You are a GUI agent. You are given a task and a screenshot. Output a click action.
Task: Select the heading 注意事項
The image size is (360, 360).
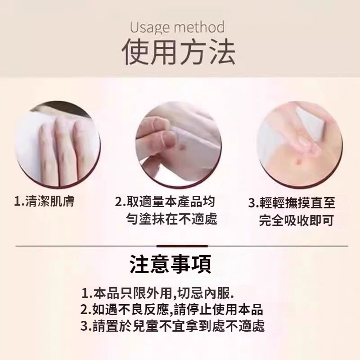[x=171, y=264]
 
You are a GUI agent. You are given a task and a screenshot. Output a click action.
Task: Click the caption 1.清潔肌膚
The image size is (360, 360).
[x=44, y=201]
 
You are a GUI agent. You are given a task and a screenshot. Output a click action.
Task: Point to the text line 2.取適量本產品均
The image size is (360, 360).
[x=165, y=202]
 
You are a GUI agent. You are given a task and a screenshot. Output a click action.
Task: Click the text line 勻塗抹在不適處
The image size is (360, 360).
[x=171, y=219]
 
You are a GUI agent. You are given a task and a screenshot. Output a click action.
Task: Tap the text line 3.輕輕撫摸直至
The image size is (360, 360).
[x=292, y=203]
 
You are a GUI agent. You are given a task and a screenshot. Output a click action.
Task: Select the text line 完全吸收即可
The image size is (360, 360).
[x=297, y=220]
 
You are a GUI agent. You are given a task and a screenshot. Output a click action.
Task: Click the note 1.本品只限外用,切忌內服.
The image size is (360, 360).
[x=158, y=293]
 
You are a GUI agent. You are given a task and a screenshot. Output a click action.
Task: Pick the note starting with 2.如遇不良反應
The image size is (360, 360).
[x=172, y=309]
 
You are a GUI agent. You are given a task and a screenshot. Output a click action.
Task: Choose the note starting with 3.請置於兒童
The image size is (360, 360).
[x=173, y=326]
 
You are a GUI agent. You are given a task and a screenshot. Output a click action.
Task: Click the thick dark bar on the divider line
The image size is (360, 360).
[x=182, y=246]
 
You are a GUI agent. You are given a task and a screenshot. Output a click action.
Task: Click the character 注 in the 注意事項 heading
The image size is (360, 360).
[x=139, y=264]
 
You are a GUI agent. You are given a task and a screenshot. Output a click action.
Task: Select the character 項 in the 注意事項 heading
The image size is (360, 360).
[x=201, y=264]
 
